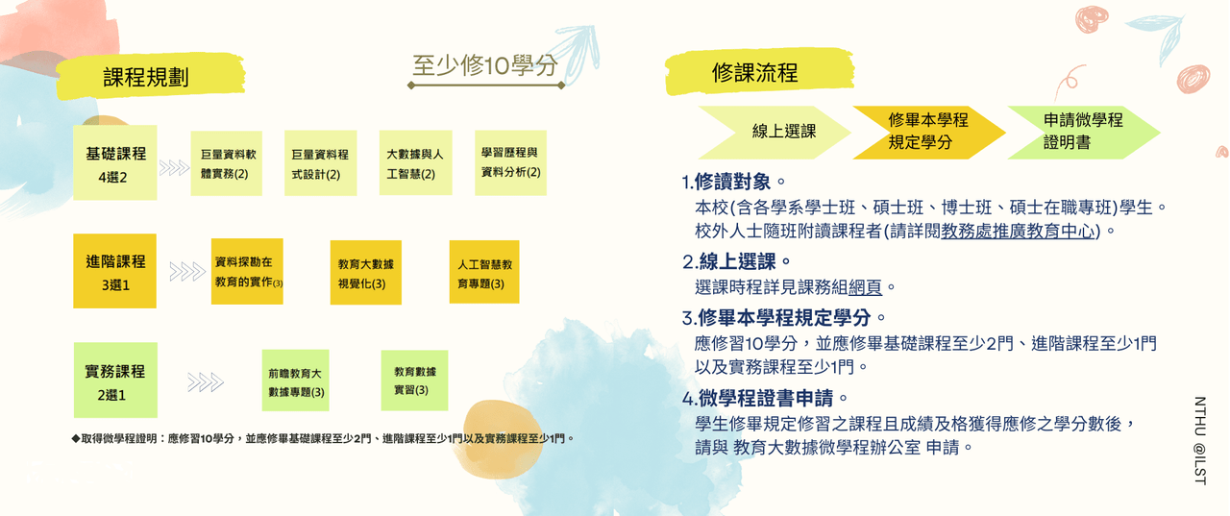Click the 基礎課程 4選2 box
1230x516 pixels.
pyautogui.click(x=115, y=162)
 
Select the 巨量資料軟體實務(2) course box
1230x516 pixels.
pyautogui.click(x=226, y=163)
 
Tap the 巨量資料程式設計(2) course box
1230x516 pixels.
pyautogui.click(x=321, y=163)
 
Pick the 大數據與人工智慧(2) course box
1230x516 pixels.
pyautogui.click(x=416, y=162)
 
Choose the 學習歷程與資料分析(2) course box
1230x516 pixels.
pyautogui.click(x=510, y=162)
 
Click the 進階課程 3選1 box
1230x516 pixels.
pyautogui.click(x=114, y=271)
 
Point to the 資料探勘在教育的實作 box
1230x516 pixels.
pyautogui.click(x=247, y=271)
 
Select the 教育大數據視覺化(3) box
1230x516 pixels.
pyautogui.click(x=366, y=272)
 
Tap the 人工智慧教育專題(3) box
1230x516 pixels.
pyautogui.click(x=484, y=272)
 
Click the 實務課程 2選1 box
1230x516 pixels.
pyautogui.click(x=115, y=380)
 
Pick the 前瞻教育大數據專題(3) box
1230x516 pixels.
pyautogui.click(x=295, y=381)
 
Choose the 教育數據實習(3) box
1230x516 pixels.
pyautogui.click(x=414, y=381)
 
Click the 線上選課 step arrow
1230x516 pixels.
pyautogui.click(x=775, y=133)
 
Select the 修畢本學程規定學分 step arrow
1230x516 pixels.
pyautogui.click(x=929, y=133)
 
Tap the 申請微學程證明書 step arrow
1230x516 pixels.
pyautogui.click(x=1084, y=133)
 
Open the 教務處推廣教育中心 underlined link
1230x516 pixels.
pyautogui.click(x=1018, y=232)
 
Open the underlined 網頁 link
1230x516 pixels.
pyautogui.click(x=866, y=287)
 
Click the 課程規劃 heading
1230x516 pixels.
pyautogui.click(x=146, y=77)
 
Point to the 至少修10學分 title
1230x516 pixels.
pyautogui.click(x=485, y=65)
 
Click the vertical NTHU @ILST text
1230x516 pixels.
pyautogui.click(x=1200, y=441)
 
